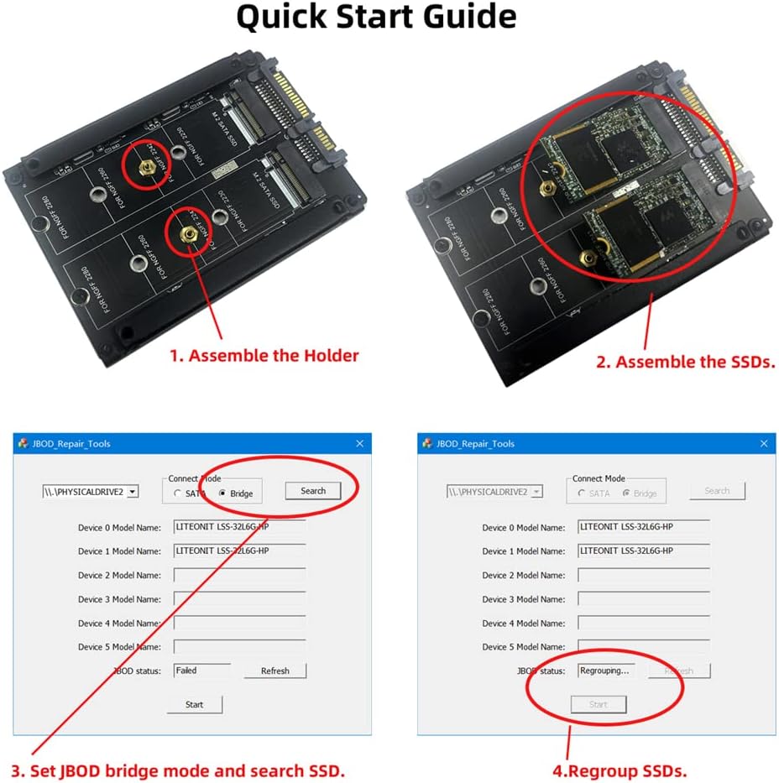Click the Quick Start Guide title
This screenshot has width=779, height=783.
coord(375,18)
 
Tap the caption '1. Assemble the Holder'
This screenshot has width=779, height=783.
coord(264,355)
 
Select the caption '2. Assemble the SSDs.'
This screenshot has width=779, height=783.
coord(685,362)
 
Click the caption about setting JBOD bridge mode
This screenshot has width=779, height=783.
coord(179,770)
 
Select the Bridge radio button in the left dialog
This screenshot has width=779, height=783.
coord(222,493)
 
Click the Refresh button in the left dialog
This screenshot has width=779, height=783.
coord(274,671)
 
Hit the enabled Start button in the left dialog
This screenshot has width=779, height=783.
coord(194,704)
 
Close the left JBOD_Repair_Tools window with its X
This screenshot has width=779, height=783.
coord(359,443)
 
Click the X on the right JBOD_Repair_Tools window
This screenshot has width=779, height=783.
coord(763,443)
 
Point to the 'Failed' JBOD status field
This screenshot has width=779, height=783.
coord(201,671)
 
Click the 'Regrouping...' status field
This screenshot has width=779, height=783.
coord(606,671)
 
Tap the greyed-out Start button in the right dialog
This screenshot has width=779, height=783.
coord(598,704)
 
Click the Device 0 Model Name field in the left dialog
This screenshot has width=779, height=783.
coord(239,527)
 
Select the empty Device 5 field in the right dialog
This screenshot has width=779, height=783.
coord(644,646)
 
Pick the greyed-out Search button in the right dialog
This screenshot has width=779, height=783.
coord(717,491)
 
